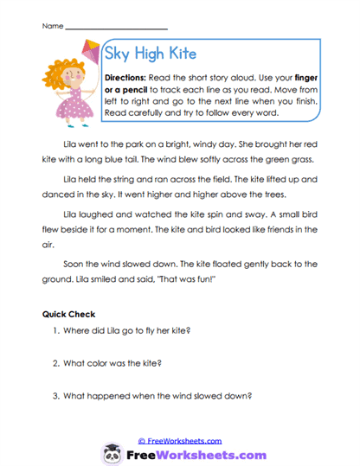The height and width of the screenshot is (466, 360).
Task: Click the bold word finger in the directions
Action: click(306, 78)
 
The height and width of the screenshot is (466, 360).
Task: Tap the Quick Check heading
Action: click(68, 315)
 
